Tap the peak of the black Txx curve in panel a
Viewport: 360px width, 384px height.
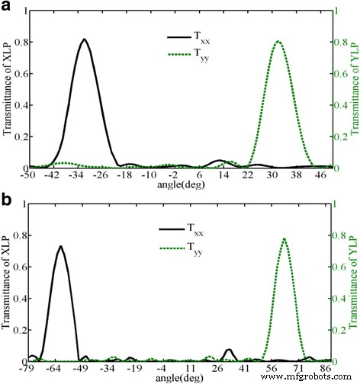85,40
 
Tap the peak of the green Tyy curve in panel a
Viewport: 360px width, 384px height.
278,41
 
